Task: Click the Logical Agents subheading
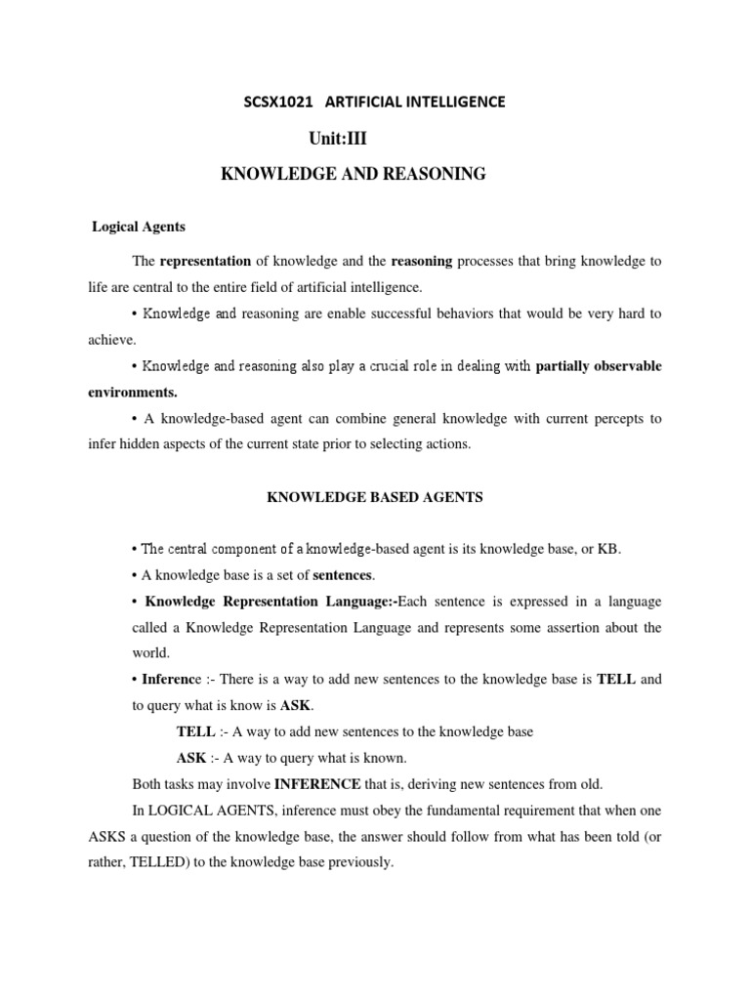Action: pyautogui.click(x=139, y=227)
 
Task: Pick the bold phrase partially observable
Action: pyautogui.click(x=599, y=366)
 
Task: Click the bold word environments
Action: pyautogui.click(x=133, y=392)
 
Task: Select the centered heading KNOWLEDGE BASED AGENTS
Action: pyautogui.click(x=375, y=497)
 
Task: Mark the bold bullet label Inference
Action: pyautogui.click(x=168, y=678)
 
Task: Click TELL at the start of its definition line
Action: pyautogui.click(x=193, y=730)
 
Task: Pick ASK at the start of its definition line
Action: pyautogui.click(x=190, y=757)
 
